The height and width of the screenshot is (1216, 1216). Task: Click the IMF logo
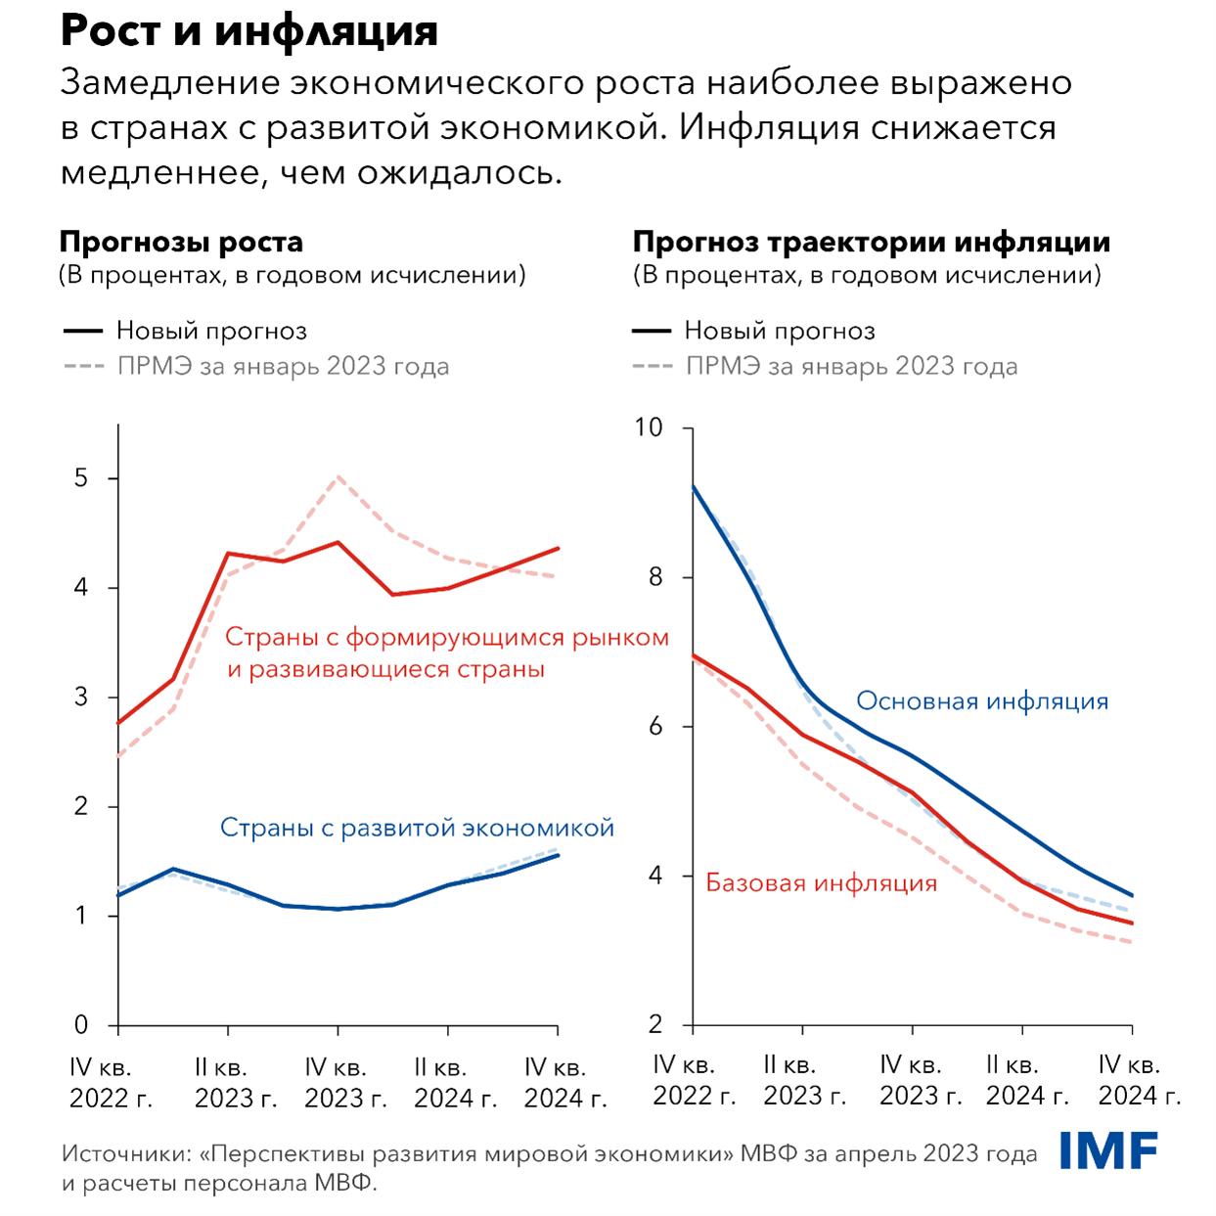(1108, 1151)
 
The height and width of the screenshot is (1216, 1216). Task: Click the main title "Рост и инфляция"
(248, 31)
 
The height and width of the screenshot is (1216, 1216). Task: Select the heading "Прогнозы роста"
(181, 242)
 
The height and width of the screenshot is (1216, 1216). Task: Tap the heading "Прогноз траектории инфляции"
(871, 242)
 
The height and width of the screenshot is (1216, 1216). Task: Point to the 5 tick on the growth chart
(81, 478)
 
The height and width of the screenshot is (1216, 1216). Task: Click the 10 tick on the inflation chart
(648, 428)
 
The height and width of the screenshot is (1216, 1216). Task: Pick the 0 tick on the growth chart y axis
(81, 1025)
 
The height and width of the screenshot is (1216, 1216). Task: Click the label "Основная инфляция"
(982, 701)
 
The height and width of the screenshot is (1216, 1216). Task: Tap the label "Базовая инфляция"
(821, 883)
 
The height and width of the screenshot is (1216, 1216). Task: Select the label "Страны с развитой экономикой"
(417, 828)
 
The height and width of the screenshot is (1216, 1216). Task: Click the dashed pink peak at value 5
(338, 477)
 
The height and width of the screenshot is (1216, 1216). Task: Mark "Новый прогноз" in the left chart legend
(211, 331)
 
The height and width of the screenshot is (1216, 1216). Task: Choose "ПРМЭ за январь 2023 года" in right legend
(851, 367)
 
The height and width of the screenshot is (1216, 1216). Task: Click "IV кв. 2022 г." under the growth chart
(110, 1083)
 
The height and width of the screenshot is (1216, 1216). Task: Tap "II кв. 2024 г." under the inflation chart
(1026, 1080)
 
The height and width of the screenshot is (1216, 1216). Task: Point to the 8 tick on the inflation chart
(653, 577)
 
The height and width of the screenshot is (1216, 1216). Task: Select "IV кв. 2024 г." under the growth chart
(564, 1083)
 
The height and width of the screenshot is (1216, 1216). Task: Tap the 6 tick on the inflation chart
(653, 727)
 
